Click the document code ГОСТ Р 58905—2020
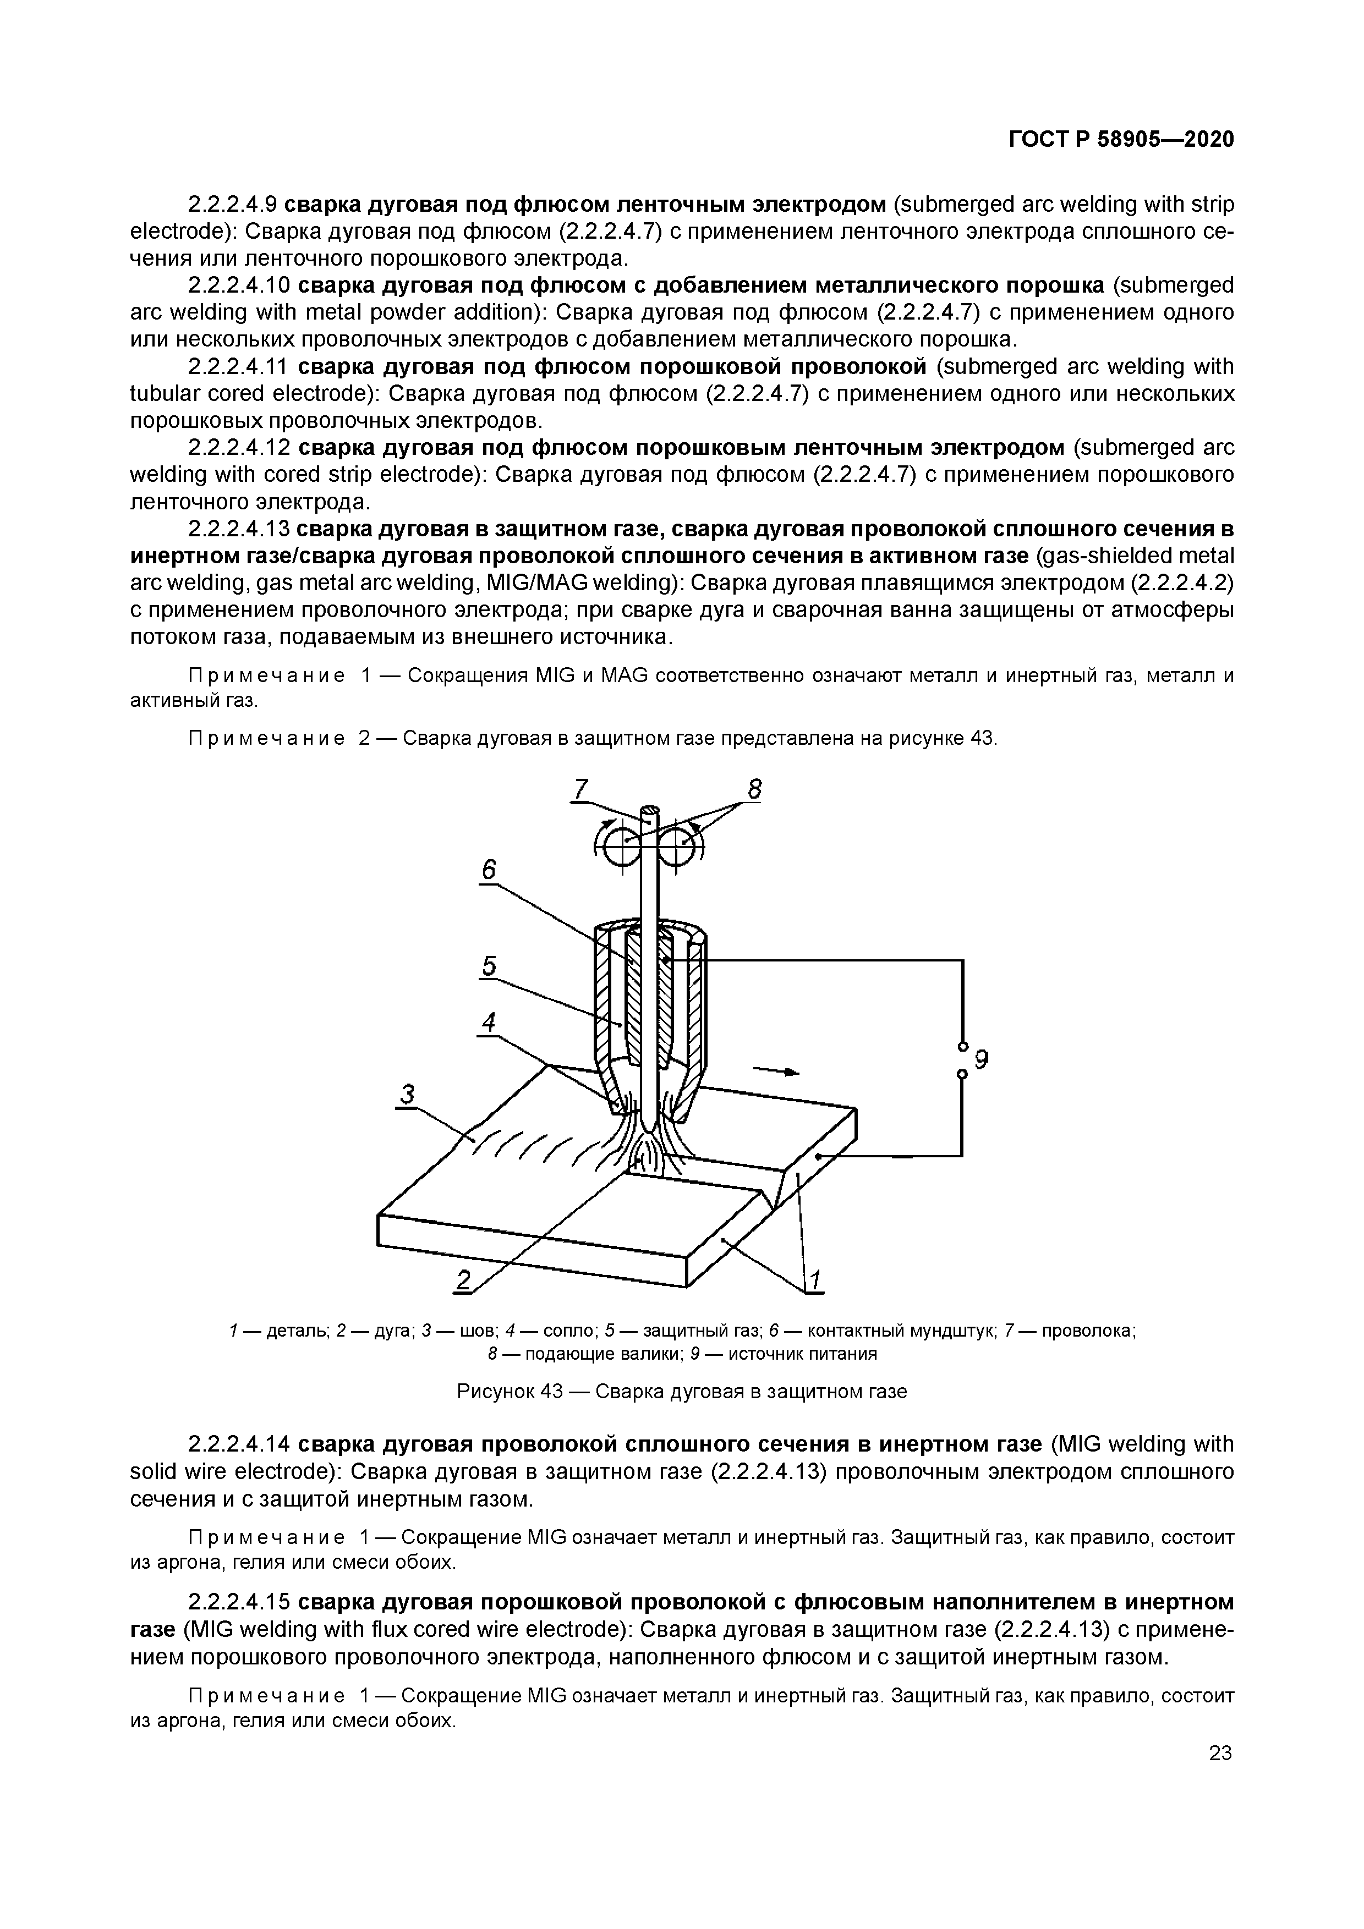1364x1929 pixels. pyautogui.click(x=1121, y=140)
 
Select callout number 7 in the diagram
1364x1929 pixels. pyautogui.click(x=580, y=789)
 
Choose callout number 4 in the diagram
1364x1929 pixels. pyautogui.click(x=488, y=1023)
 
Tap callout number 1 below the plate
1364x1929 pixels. pyautogui.click(x=814, y=1279)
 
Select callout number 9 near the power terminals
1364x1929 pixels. pyautogui.click(x=980, y=1061)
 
